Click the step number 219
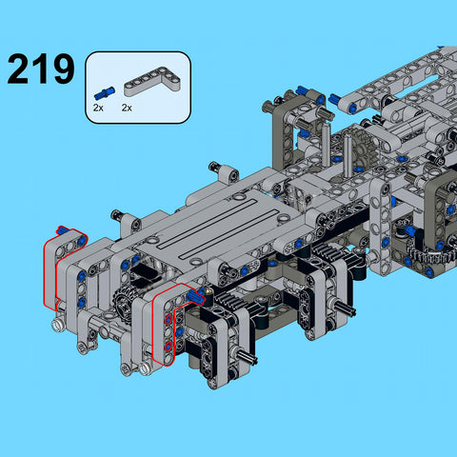(x=40, y=69)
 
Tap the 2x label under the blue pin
(x=98, y=109)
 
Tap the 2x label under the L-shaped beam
(x=128, y=109)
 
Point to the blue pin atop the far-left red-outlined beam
(x=63, y=230)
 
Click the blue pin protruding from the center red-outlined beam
(x=197, y=298)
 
